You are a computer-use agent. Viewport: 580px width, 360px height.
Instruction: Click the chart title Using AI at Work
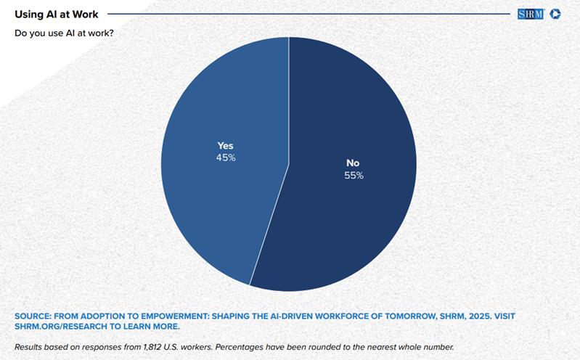click(x=57, y=14)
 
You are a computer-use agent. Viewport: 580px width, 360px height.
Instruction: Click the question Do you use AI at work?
click(x=64, y=33)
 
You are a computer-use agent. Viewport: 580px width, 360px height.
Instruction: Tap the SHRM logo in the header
click(x=531, y=14)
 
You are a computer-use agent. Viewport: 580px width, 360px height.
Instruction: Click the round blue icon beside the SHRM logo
click(x=555, y=14)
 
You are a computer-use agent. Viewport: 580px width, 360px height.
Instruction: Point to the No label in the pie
click(x=354, y=163)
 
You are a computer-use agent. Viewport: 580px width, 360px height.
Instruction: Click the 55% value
click(x=354, y=176)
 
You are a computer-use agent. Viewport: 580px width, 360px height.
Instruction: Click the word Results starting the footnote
click(x=30, y=346)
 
